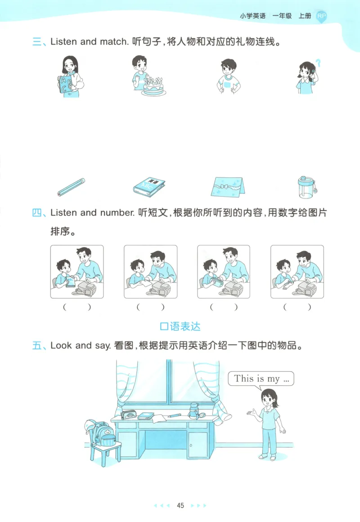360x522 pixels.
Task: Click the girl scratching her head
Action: [x=306, y=77]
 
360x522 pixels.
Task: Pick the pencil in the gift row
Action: [x=71, y=187]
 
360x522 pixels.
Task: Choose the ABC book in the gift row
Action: [x=149, y=186]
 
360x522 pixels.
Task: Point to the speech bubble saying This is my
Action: [x=261, y=378]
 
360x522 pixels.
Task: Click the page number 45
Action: [x=180, y=505]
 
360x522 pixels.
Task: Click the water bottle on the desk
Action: [x=194, y=410]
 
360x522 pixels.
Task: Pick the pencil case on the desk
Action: [x=129, y=414]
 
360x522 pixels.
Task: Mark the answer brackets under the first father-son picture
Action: [x=76, y=307]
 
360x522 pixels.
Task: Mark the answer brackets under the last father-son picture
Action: [x=297, y=307]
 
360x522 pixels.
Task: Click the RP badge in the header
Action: [x=321, y=16]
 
